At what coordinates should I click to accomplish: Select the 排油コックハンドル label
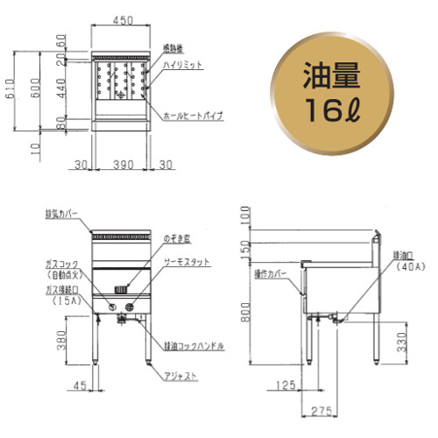(194, 346)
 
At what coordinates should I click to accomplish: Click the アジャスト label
(178, 374)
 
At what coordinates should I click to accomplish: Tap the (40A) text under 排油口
(410, 266)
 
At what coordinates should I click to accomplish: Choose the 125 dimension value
(281, 383)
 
